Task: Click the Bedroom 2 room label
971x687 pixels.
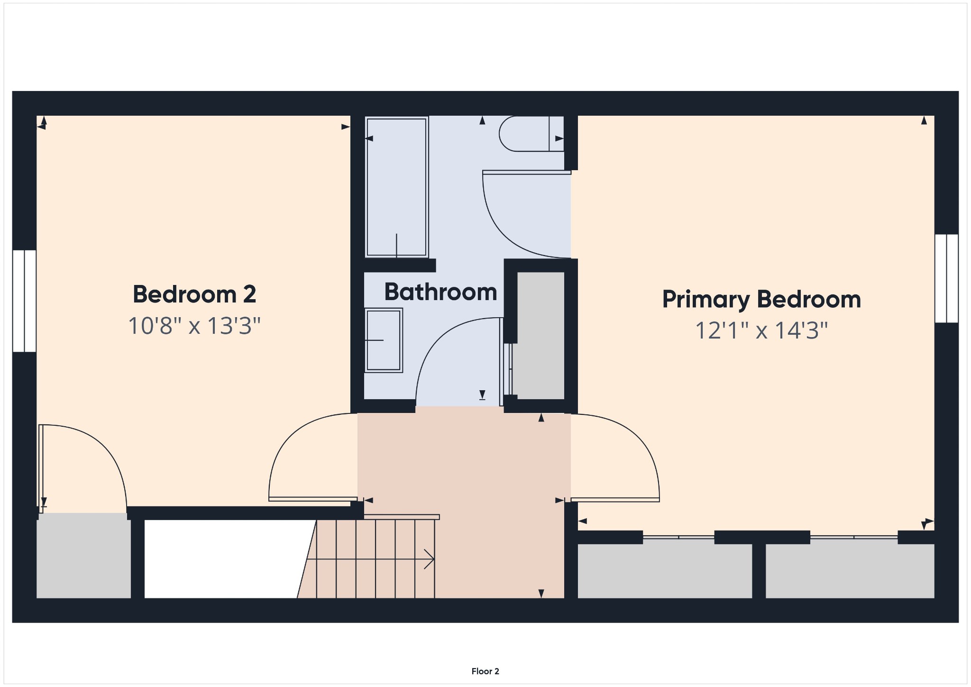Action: click(194, 294)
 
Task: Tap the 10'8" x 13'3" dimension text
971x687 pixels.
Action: click(194, 326)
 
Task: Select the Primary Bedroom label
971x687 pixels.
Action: click(761, 300)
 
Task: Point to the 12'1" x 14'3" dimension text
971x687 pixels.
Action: click(761, 330)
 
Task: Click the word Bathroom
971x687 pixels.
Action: click(440, 292)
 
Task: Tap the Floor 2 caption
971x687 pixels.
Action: click(485, 671)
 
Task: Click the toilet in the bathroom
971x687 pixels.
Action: click(531, 134)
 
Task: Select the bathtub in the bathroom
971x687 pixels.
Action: click(397, 187)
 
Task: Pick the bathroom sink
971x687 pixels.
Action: click(384, 340)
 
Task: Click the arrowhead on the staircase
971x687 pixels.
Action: click(429, 559)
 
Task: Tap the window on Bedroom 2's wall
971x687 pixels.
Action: click(24, 301)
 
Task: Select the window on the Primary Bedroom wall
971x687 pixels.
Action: click(946, 278)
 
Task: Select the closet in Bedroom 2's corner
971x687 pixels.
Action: click(83, 556)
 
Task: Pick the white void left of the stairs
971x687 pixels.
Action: click(223, 559)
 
